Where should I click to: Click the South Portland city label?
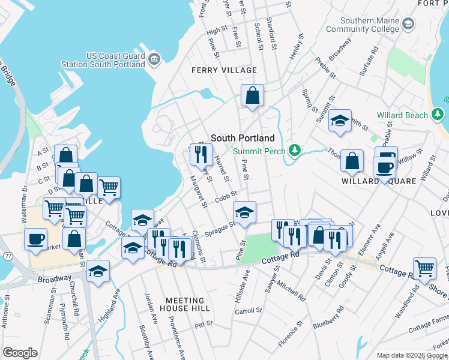[243, 137]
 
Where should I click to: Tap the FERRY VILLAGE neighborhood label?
[224, 70]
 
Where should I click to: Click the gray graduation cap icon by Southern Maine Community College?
[409, 24]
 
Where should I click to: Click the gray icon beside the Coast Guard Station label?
[155, 58]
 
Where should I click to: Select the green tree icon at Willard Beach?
[438, 114]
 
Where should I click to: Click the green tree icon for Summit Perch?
[294, 149]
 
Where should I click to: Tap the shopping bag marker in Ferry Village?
[253, 95]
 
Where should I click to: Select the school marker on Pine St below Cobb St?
[244, 213]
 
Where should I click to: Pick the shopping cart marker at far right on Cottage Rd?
[424, 268]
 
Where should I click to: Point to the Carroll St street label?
[249, 311]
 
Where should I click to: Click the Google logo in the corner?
[20, 353]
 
